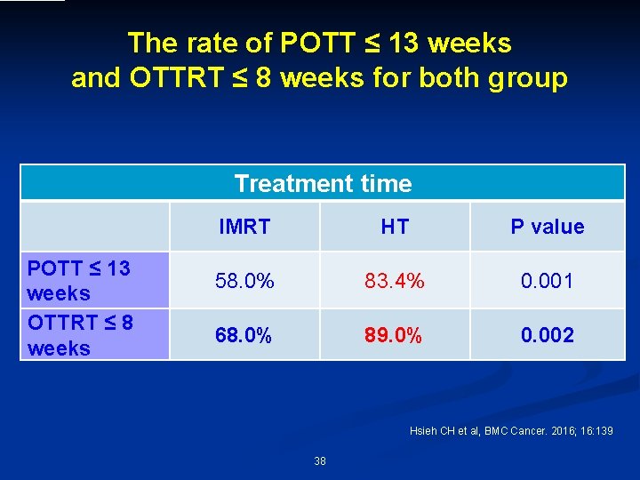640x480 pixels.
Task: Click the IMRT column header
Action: click(244, 227)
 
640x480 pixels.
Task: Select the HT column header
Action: click(395, 227)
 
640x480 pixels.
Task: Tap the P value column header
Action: click(547, 227)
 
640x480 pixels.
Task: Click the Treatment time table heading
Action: click(323, 184)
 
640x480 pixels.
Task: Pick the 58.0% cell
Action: click(244, 281)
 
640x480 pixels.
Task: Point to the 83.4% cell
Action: click(395, 281)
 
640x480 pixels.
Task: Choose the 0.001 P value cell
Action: click(547, 281)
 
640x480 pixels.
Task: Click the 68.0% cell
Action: click(244, 335)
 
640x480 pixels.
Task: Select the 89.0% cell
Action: click(395, 335)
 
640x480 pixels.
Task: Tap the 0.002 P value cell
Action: click(547, 335)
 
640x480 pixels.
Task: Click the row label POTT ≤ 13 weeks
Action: click(78, 280)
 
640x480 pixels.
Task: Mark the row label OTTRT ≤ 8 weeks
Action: click(80, 334)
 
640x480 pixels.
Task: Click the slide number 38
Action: click(320, 460)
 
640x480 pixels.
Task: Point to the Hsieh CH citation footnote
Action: click(510, 431)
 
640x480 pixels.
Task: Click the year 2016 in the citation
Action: click(570, 431)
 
